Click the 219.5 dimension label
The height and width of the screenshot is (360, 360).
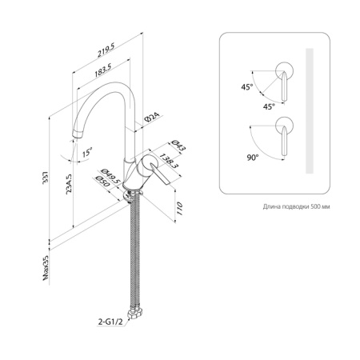tap(106, 50)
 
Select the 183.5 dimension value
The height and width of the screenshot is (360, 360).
tap(102, 70)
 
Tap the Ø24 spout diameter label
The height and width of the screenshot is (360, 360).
tap(153, 118)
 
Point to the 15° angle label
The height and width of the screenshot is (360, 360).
tap(87, 153)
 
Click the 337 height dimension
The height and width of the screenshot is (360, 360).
tap(46, 178)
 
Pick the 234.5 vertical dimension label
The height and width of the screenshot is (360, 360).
tap(69, 184)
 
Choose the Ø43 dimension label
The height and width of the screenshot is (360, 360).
tap(178, 146)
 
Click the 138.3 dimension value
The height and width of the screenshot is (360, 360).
tap(169, 161)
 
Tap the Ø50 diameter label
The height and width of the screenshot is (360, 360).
tap(102, 182)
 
